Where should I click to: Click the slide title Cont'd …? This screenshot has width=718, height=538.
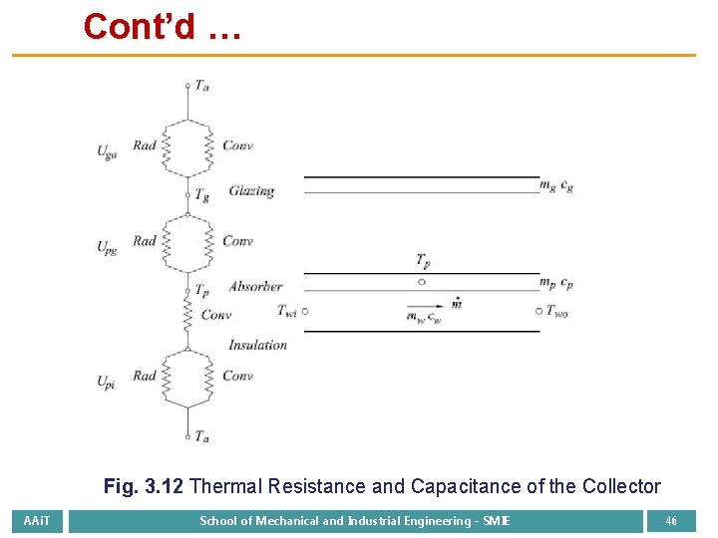point(162,27)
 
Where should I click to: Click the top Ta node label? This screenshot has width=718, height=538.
point(202,87)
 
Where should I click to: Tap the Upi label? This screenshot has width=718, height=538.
point(106,382)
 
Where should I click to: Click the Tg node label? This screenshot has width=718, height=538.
point(202,195)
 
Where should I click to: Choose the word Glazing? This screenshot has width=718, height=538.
point(251,190)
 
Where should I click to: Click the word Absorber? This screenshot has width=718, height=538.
point(255,286)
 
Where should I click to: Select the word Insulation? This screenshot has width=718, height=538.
point(257,345)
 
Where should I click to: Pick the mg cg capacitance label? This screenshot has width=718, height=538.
point(556,185)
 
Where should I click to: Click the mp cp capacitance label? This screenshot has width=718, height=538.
point(556,283)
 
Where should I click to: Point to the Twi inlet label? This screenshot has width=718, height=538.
point(287,311)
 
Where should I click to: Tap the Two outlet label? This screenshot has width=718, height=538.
point(557,311)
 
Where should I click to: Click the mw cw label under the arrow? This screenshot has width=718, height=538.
point(424,319)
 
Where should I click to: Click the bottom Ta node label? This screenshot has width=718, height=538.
point(202,436)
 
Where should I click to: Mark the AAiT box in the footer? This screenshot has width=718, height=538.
point(38,521)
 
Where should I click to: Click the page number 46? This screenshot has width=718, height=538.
point(671,521)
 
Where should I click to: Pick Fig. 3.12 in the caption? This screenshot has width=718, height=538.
point(143,486)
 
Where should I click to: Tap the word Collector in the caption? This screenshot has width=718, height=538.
point(619,486)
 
